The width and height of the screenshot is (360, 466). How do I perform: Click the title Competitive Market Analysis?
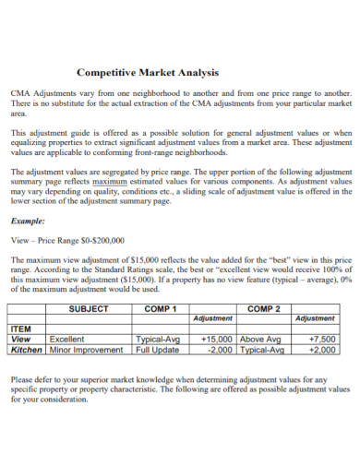point(147,73)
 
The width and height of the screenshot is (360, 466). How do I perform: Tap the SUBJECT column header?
point(89,309)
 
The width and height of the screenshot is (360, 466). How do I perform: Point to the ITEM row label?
point(20,329)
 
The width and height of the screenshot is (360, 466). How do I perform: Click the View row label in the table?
point(20,340)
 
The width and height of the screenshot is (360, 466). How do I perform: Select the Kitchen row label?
point(26,351)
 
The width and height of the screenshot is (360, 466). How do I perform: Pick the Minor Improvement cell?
point(86,351)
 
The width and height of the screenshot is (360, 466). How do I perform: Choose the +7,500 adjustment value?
point(323,340)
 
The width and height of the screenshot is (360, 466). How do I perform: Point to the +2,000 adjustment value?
point(323,351)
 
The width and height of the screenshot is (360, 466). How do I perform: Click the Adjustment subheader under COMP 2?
point(314,319)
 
